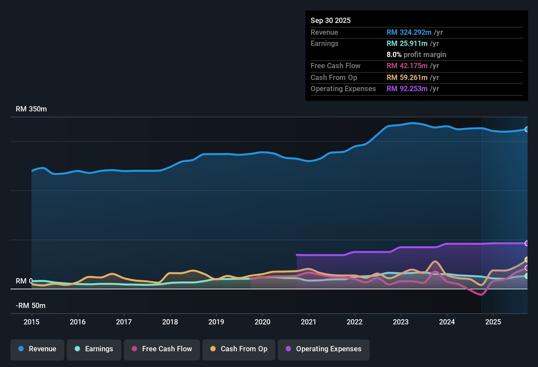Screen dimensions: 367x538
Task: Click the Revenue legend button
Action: pos(37,349)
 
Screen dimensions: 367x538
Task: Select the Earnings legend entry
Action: pos(94,349)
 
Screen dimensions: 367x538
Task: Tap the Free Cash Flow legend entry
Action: pos(162,349)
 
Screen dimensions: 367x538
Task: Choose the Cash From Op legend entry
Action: pos(239,349)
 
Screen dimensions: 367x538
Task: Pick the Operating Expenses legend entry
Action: pos(324,349)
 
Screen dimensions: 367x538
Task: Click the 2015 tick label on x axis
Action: pos(31,322)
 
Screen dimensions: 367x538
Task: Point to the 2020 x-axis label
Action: pos(262,322)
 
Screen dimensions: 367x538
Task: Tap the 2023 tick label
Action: pos(401,322)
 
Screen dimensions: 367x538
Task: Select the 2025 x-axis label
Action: pos(493,322)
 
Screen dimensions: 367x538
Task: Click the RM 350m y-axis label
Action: pos(31,109)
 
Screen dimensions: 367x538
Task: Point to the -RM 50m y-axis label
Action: pos(30,306)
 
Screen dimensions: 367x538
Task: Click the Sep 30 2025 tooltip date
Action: pos(330,21)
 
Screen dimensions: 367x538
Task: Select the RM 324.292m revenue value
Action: pos(409,32)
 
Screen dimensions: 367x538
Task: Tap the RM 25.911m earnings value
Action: pos(407,44)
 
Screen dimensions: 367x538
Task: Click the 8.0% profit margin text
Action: pos(416,55)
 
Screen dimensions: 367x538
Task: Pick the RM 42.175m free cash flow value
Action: pos(407,66)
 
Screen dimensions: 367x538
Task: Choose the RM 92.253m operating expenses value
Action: pos(407,89)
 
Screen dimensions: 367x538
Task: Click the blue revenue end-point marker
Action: pos(527,129)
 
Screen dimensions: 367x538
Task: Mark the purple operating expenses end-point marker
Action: pos(527,243)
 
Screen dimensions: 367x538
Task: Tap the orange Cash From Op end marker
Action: pos(527,260)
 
